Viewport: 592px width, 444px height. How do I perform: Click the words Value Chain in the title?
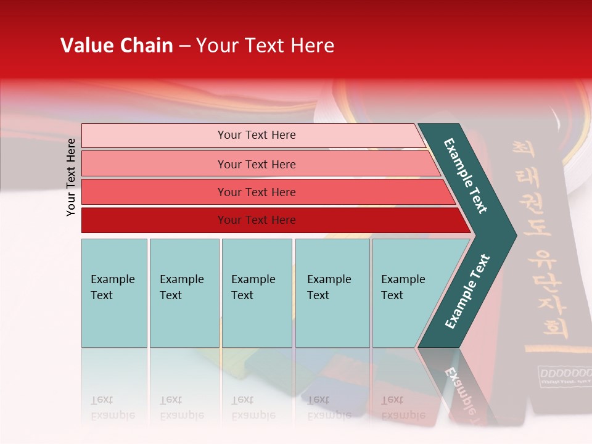117,46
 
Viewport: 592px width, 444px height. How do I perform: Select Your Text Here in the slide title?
265,46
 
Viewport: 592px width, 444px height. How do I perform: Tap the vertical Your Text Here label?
71,177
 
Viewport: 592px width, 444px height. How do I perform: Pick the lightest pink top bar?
256,135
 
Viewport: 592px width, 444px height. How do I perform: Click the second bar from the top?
256,164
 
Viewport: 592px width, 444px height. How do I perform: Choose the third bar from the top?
256,192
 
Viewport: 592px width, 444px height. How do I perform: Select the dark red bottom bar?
256,220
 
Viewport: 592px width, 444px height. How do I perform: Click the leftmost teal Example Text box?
114,293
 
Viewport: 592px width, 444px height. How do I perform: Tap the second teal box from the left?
184,293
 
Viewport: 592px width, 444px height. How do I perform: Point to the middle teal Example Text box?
257,293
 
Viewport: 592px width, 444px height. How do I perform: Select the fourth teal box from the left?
332,293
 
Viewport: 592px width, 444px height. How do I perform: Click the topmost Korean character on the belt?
523,150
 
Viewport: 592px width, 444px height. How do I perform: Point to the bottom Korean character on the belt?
556,327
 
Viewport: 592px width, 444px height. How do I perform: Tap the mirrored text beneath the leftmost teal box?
113,407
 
